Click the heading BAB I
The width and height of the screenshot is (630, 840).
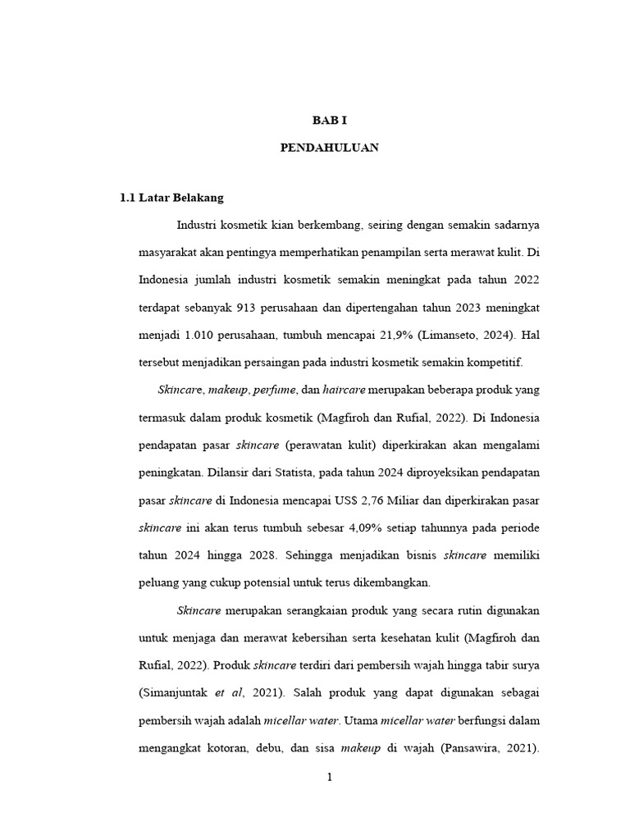click(x=329, y=121)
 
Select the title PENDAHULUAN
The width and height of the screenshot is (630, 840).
click(x=329, y=148)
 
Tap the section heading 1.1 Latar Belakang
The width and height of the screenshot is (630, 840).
click(x=171, y=198)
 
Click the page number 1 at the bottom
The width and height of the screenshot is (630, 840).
click(x=329, y=778)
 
